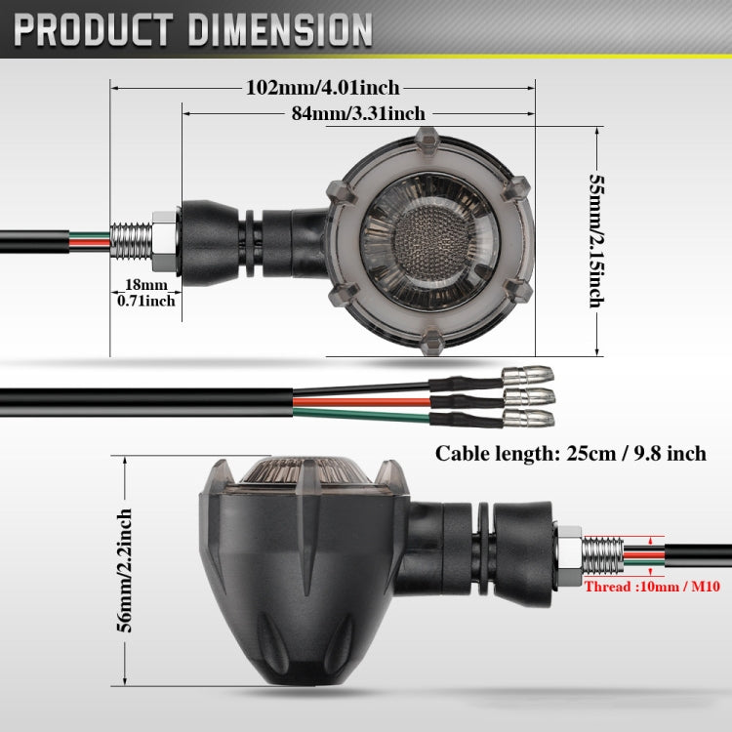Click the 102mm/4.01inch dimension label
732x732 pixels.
coord(323,88)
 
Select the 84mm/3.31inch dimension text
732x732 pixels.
coord(358,113)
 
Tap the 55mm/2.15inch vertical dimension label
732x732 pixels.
coord(596,241)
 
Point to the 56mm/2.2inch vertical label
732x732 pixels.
coord(124,571)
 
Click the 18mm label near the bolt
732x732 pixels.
coord(146,284)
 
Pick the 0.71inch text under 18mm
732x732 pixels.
coord(146,301)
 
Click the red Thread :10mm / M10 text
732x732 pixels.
coord(652,587)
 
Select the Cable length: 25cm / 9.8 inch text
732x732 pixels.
coord(571,453)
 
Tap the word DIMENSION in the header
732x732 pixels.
coord(280,30)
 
